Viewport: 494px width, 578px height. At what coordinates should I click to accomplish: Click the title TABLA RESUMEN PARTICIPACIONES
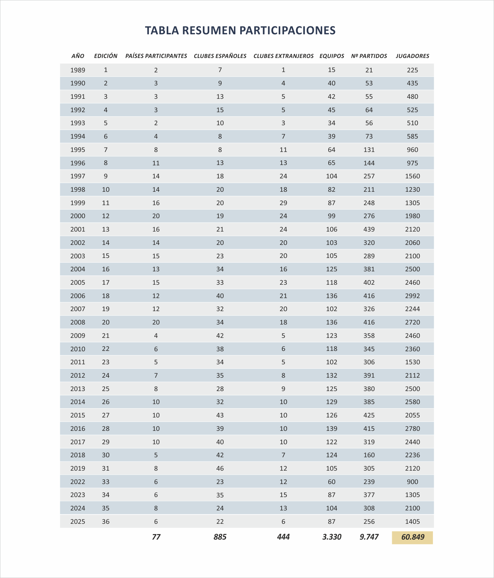click(240, 31)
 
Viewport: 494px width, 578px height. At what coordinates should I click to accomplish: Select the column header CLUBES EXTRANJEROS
click(283, 56)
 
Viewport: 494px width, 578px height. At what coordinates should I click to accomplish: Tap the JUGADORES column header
click(412, 56)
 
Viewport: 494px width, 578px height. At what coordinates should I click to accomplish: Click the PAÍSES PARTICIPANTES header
click(156, 56)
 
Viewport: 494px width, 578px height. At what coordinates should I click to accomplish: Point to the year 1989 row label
click(78, 70)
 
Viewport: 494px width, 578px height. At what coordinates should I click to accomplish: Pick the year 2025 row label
click(78, 522)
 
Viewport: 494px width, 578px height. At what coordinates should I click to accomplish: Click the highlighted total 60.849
click(413, 537)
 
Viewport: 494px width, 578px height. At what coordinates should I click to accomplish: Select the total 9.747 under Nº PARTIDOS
click(369, 537)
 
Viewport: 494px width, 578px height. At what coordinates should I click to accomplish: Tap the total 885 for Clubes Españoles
click(220, 537)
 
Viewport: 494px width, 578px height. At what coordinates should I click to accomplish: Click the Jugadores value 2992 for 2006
click(412, 296)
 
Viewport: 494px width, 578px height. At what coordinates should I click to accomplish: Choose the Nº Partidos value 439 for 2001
click(369, 229)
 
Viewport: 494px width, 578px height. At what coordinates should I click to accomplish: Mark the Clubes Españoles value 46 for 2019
click(220, 469)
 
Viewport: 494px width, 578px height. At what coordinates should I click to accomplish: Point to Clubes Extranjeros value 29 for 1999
click(283, 203)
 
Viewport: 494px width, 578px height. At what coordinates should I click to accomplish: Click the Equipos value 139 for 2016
click(331, 429)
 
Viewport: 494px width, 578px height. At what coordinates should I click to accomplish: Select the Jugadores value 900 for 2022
click(412, 482)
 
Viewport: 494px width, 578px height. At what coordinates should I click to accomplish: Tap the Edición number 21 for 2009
click(106, 336)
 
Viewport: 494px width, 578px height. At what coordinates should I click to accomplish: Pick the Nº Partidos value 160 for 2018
click(369, 455)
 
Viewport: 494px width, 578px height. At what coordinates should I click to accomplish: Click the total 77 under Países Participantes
click(156, 537)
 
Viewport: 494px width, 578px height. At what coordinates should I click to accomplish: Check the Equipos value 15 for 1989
click(331, 70)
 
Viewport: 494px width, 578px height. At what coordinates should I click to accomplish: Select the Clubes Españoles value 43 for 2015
click(220, 415)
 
